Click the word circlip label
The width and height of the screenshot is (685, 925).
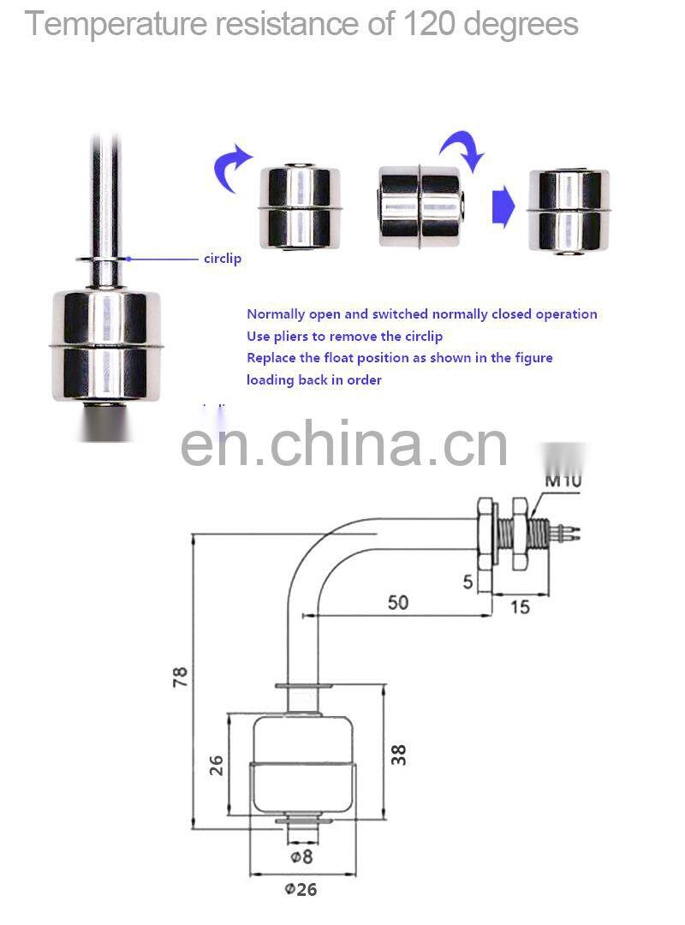point(222,259)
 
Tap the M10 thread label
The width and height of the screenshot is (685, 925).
point(563,480)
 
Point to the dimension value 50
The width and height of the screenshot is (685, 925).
point(398,602)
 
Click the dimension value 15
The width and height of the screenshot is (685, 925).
point(520,606)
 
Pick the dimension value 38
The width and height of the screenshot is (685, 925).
point(398,754)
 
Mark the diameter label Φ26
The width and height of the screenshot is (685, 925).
point(301,890)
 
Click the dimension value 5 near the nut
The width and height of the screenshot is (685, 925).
point(468,582)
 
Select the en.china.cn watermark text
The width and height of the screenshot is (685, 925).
point(344,443)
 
